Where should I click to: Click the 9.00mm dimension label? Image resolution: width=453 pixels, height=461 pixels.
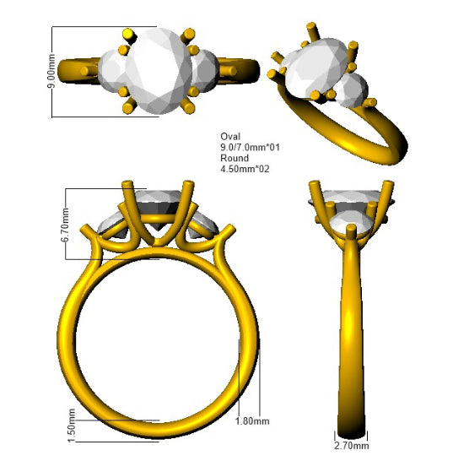point(51,71)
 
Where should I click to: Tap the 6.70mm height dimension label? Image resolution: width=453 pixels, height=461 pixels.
point(65,225)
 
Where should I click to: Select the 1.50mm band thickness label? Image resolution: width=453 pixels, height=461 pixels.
point(72,426)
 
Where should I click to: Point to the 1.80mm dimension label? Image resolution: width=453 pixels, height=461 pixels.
point(252,421)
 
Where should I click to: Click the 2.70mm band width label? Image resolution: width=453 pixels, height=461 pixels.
point(352,446)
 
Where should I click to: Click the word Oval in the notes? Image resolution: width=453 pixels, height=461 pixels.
point(230,137)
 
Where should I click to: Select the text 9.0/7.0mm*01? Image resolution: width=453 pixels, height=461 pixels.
point(250,147)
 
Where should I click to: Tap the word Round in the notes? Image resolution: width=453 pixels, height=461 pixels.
point(235,158)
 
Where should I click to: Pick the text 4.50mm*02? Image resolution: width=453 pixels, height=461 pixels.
point(245,169)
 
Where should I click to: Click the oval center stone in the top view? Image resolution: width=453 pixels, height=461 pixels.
point(159,71)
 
